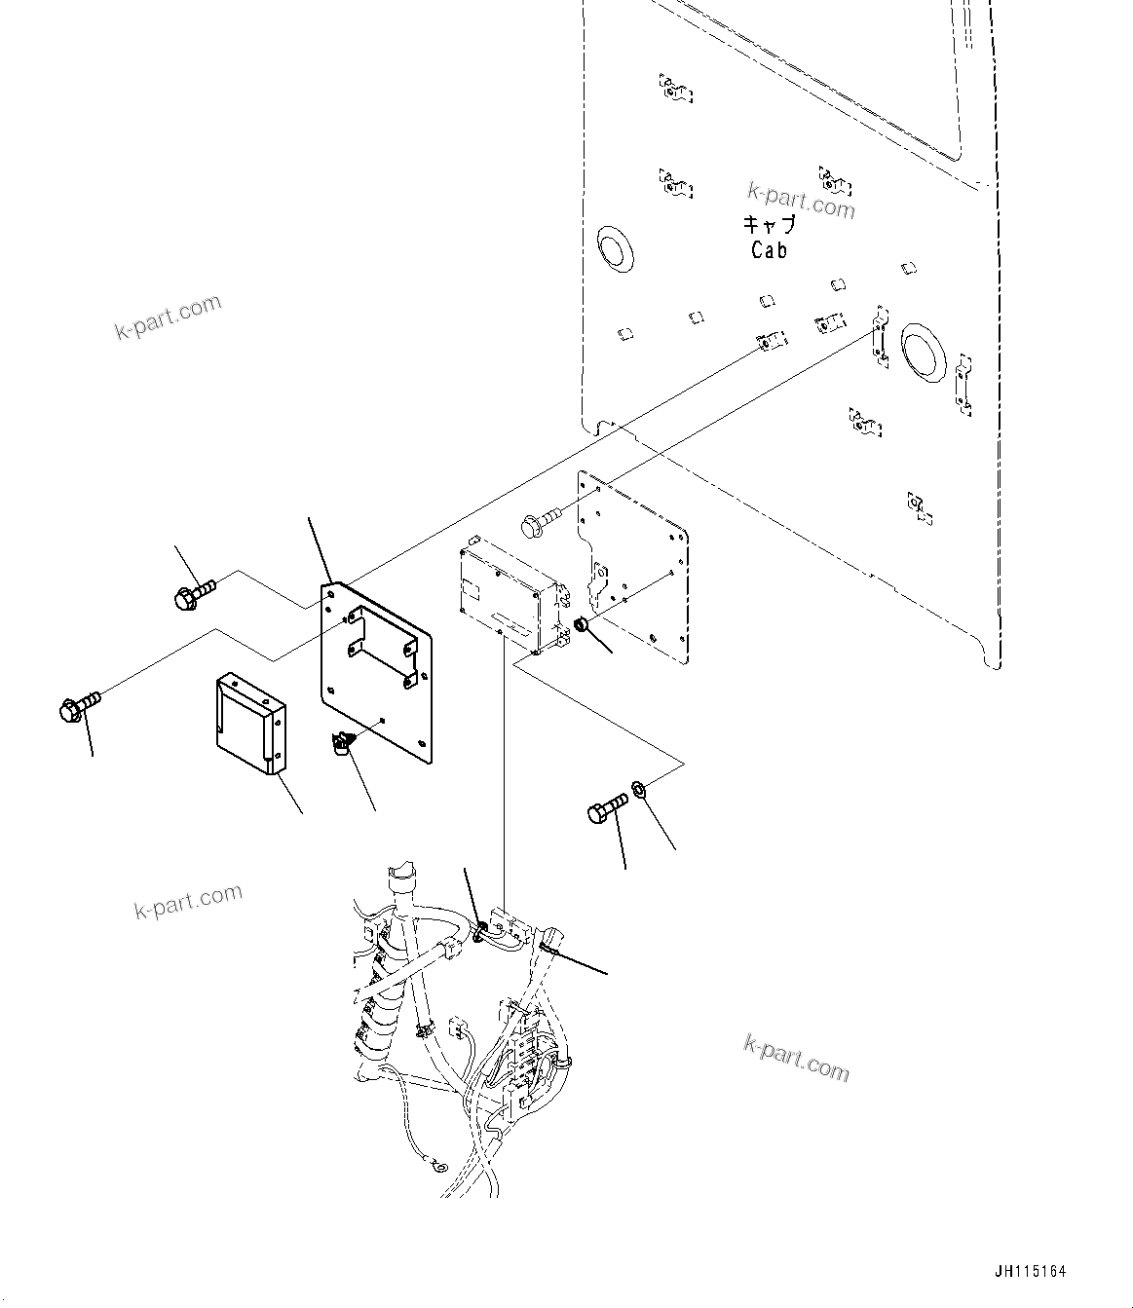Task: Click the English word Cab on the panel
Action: pyautogui.click(x=769, y=250)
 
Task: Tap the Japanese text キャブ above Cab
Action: pyautogui.click(x=769, y=225)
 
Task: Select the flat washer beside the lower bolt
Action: pyautogui.click(x=638, y=786)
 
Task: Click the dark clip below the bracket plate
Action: pyautogui.click(x=340, y=744)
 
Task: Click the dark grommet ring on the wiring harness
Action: pyautogui.click(x=480, y=932)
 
